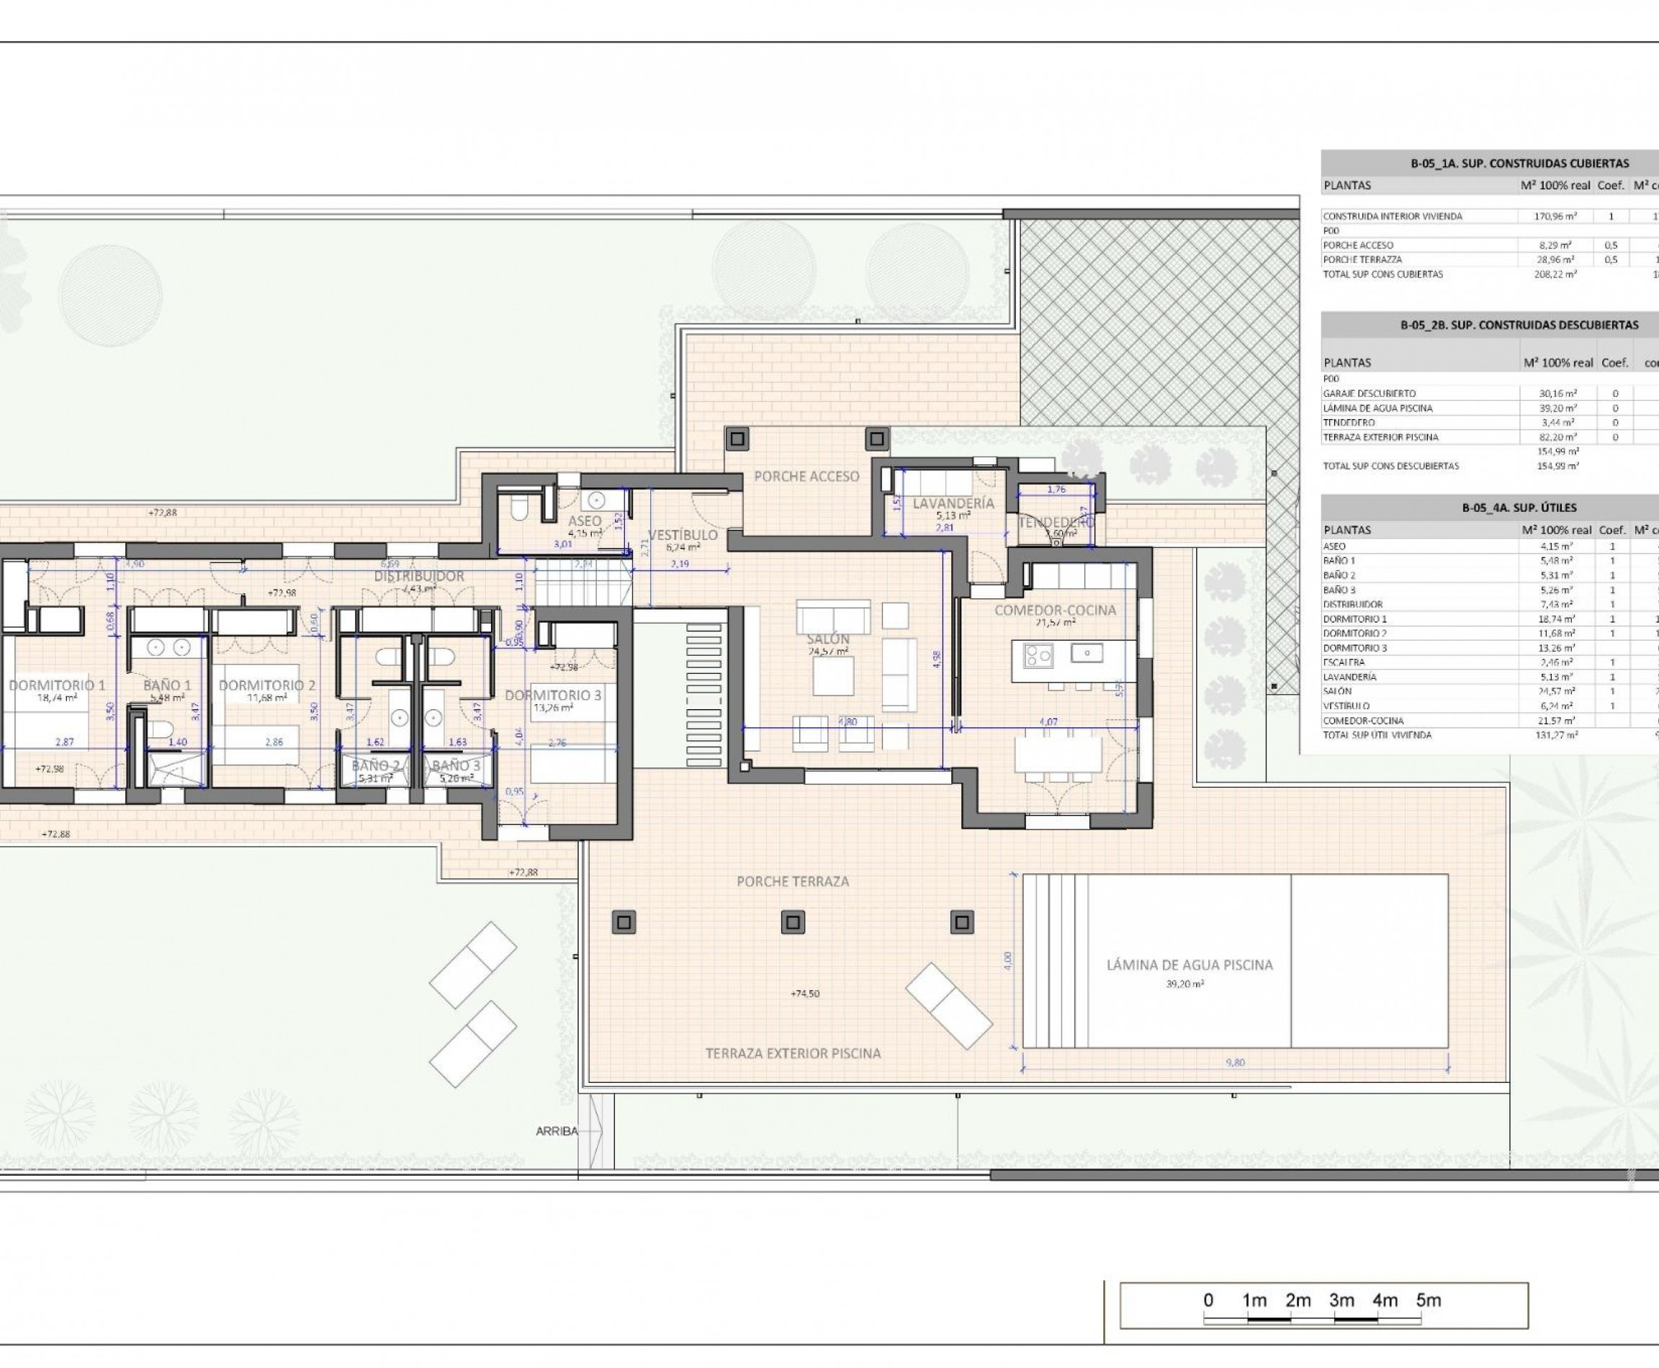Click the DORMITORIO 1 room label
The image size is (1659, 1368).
click(57, 685)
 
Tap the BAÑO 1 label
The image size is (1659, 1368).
click(167, 685)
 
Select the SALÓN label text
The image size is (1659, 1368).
click(827, 639)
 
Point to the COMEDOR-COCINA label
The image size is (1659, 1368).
click(1054, 610)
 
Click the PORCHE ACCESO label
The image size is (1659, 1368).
click(806, 476)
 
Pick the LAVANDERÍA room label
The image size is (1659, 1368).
click(953, 503)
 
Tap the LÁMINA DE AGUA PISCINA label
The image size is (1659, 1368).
click(1190, 965)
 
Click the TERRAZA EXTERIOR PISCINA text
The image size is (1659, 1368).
click(793, 1053)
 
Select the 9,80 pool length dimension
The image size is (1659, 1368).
click(1235, 1062)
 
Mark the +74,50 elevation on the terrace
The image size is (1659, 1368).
click(805, 994)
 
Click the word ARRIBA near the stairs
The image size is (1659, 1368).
click(557, 1131)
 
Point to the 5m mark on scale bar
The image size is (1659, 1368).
click(1428, 1300)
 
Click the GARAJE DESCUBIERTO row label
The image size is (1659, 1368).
click(1369, 393)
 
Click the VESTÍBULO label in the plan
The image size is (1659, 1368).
click(683, 535)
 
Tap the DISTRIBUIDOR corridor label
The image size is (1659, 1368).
click(418, 576)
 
